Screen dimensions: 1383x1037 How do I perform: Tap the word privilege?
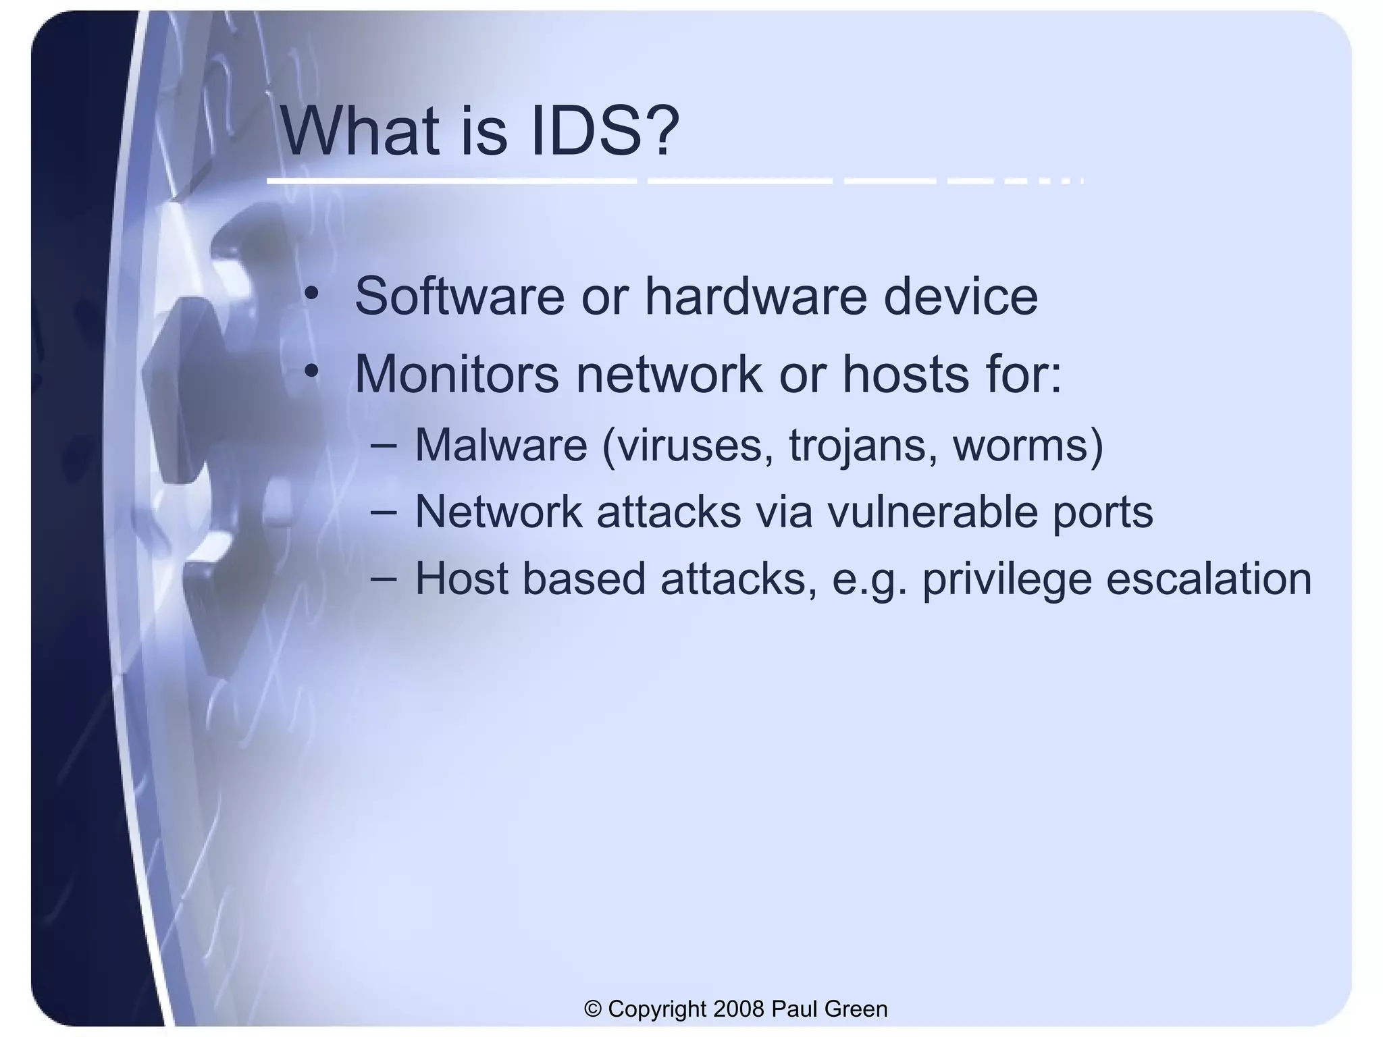coord(1007,579)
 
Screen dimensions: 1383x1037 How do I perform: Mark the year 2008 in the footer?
coord(738,1009)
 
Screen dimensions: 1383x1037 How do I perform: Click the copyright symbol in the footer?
coord(594,1009)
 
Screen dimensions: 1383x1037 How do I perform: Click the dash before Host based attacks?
coord(384,579)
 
